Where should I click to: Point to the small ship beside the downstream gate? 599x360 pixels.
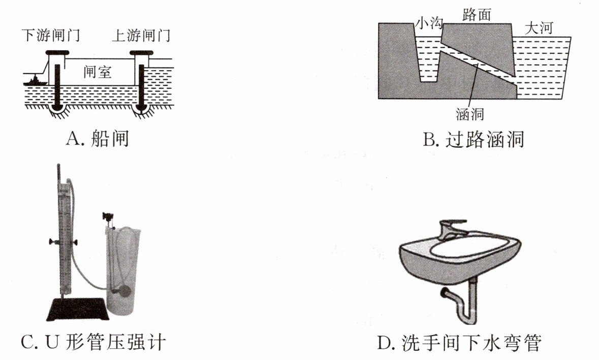click(36, 80)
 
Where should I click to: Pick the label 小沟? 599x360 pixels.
click(430, 23)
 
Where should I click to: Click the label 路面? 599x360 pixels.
click(477, 15)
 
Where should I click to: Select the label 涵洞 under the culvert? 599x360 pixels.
click(469, 115)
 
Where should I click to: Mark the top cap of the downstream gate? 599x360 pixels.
click(56, 52)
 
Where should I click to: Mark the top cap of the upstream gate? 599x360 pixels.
click(142, 52)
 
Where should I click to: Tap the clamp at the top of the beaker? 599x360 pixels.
click(108, 217)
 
